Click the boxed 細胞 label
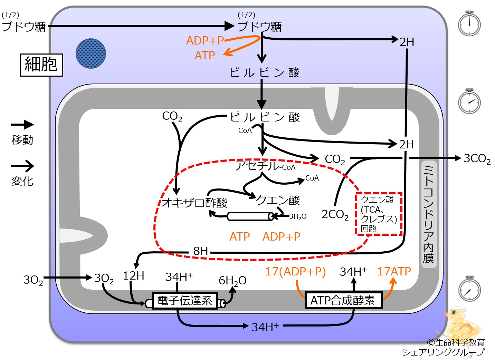point(41,65)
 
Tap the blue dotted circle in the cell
point(91,53)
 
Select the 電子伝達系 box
point(185,301)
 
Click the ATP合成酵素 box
point(343,300)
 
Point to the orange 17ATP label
point(394,271)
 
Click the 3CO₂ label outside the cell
point(477,159)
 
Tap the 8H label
point(201,251)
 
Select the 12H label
point(133,276)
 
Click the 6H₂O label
point(232,281)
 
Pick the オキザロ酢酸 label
point(194,203)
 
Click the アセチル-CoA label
point(265,166)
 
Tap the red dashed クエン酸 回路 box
point(379,214)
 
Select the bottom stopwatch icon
point(469,289)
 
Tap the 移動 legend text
point(22,140)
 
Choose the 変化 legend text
point(22,181)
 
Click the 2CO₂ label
point(335,214)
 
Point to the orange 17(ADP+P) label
point(296,272)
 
